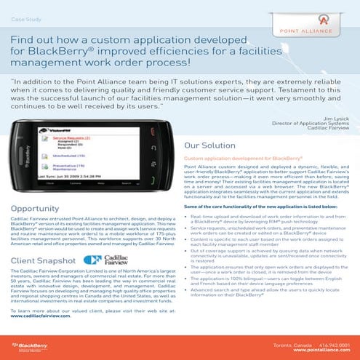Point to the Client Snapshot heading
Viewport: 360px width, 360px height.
42,259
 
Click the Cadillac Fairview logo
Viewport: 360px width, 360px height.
109,260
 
